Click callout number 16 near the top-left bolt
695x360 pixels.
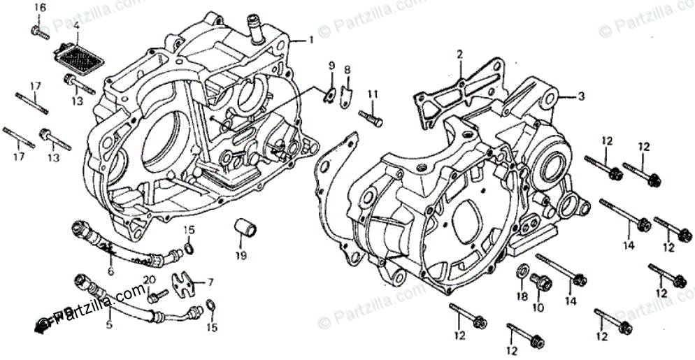(39, 8)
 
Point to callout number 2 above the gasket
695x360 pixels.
(460, 54)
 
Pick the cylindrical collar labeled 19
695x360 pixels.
(243, 229)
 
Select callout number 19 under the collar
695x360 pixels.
(241, 256)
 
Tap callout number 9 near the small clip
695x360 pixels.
(331, 65)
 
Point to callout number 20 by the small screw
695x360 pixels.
(148, 280)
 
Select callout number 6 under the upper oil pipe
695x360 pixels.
(110, 271)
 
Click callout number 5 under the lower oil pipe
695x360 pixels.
(108, 325)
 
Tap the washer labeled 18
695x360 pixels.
(522, 271)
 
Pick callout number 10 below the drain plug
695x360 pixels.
(538, 308)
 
